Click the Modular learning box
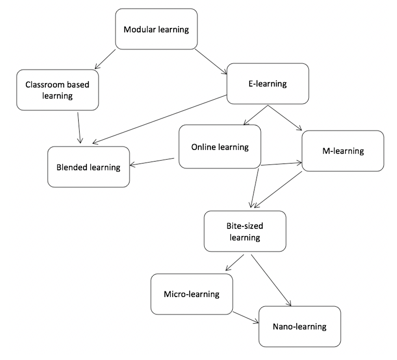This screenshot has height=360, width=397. coord(157,29)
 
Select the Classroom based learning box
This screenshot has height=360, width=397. coord(57,90)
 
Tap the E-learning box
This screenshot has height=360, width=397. coord(267,84)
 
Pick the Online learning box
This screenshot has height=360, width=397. coord(220,147)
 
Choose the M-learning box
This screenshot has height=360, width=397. coord(342,151)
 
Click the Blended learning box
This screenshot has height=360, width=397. coord(89,167)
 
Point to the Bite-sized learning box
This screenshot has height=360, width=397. coord(244,231)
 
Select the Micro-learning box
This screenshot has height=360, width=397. coord(191,294)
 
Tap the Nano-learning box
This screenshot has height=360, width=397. coord(299,325)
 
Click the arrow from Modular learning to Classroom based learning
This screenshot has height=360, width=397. coord(106,59)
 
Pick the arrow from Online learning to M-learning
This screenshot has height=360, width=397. coord(281,164)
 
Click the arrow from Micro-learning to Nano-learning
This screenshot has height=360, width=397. coord(246,318)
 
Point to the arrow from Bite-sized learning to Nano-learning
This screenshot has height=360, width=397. coord(272,280)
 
